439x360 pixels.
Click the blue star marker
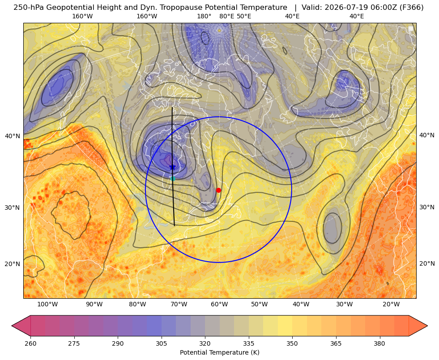[172, 167]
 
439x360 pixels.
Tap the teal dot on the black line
[173, 178]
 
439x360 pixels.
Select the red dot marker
[218, 190]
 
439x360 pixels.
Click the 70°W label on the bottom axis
[179, 305]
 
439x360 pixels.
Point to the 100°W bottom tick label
[47, 305]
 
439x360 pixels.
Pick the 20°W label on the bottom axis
[391, 305]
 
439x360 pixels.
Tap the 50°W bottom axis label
[259, 305]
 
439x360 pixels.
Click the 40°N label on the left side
[13, 136]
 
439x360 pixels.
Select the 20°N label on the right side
[427, 263]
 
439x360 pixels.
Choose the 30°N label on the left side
[13, 208]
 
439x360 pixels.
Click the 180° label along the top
[204, 16]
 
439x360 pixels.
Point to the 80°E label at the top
[227, 16]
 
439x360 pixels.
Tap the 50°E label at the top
[244, 16]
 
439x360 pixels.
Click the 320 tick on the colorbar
[205, 343]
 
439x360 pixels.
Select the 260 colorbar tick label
[30, 343]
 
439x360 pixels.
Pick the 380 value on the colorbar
[379, 343]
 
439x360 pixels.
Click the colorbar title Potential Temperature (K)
[220, 352]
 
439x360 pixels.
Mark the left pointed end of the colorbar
[12, 326]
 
